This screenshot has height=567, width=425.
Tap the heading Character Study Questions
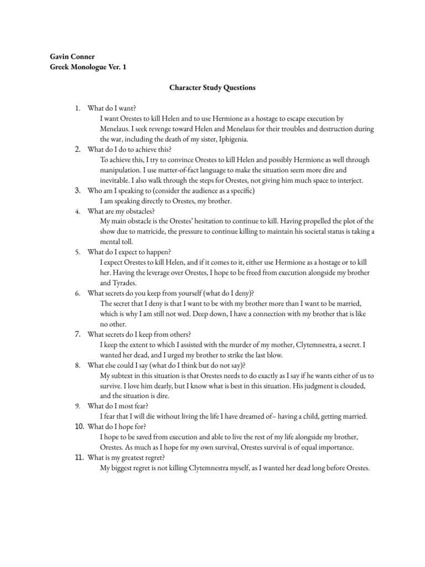pos(212,87)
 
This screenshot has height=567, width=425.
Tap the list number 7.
pos(78,334)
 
